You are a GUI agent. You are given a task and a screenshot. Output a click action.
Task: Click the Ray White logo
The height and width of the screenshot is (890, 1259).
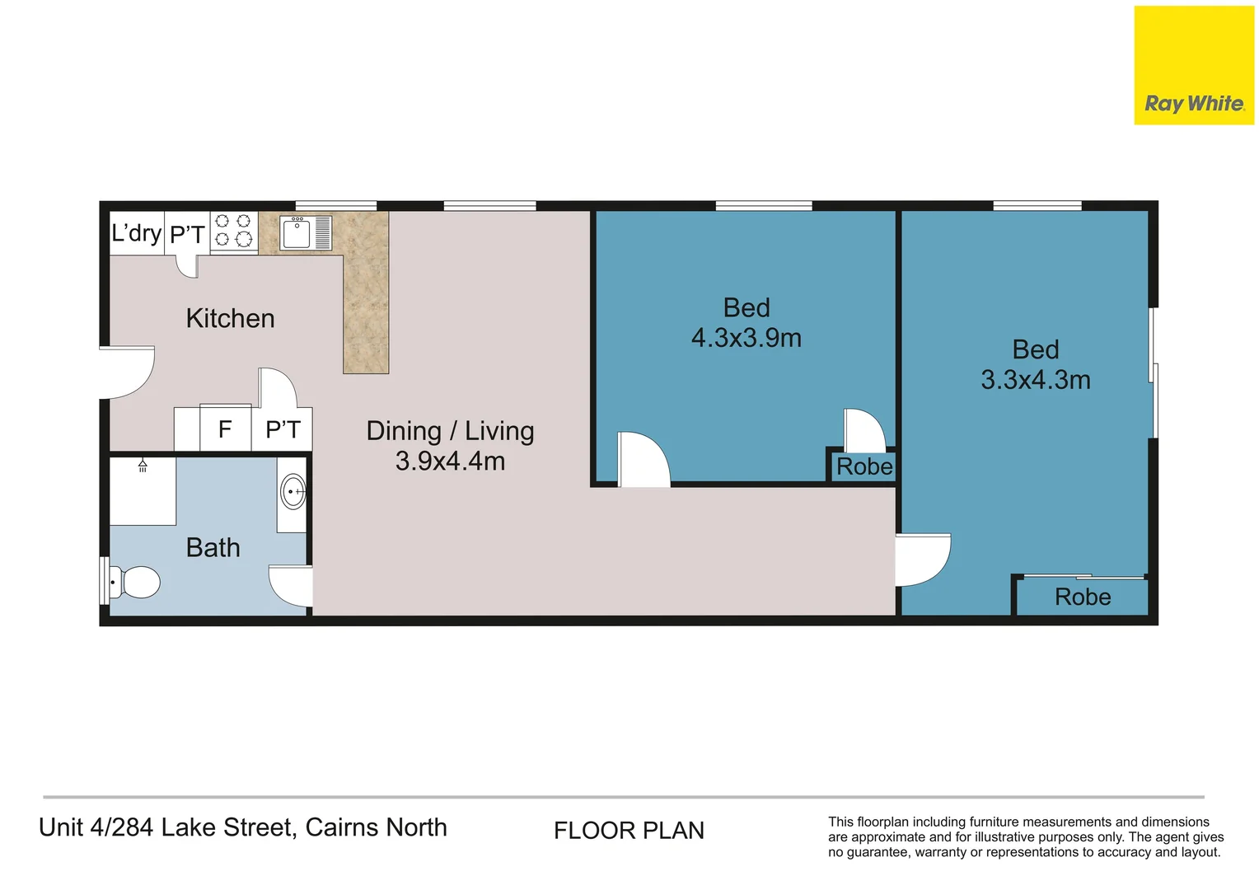pos(1194,65)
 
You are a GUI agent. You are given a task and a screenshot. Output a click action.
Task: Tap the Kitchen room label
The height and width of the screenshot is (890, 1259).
pos(230,318)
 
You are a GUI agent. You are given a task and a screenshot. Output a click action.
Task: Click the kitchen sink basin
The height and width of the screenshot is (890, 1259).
pos(296,234)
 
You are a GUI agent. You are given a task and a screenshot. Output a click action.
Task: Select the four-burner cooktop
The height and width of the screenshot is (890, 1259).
pos(234,231)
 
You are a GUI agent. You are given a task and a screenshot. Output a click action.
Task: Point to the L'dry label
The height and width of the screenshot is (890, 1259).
pos(137,232)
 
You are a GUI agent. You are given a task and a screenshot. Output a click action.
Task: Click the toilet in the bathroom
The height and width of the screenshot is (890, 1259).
pos(134,582)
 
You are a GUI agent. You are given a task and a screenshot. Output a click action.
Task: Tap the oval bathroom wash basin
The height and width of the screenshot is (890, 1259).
pos(293,491)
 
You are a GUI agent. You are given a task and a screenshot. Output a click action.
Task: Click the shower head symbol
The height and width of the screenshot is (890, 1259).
pos(143,465)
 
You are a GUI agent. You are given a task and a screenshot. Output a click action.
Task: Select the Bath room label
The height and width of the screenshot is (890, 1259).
pos(213,548)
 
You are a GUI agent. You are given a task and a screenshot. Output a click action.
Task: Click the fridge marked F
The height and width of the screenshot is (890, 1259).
pos(226,428)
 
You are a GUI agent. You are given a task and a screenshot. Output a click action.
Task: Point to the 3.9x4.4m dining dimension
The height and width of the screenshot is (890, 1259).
pos(450,461)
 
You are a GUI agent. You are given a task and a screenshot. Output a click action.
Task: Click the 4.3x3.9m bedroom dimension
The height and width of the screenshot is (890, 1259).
pos(747,338)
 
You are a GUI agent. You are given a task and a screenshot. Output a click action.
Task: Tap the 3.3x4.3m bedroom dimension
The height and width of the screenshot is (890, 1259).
pos(1036,380)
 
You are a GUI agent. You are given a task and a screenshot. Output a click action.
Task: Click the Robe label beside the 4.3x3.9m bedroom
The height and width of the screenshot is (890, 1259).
pos(864,466)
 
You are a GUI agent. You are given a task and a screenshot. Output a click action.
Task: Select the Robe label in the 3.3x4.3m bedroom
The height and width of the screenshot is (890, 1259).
pos(1083,597)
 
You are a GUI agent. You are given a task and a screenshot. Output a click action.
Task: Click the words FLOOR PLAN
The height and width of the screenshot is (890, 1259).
pos(629,831)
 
